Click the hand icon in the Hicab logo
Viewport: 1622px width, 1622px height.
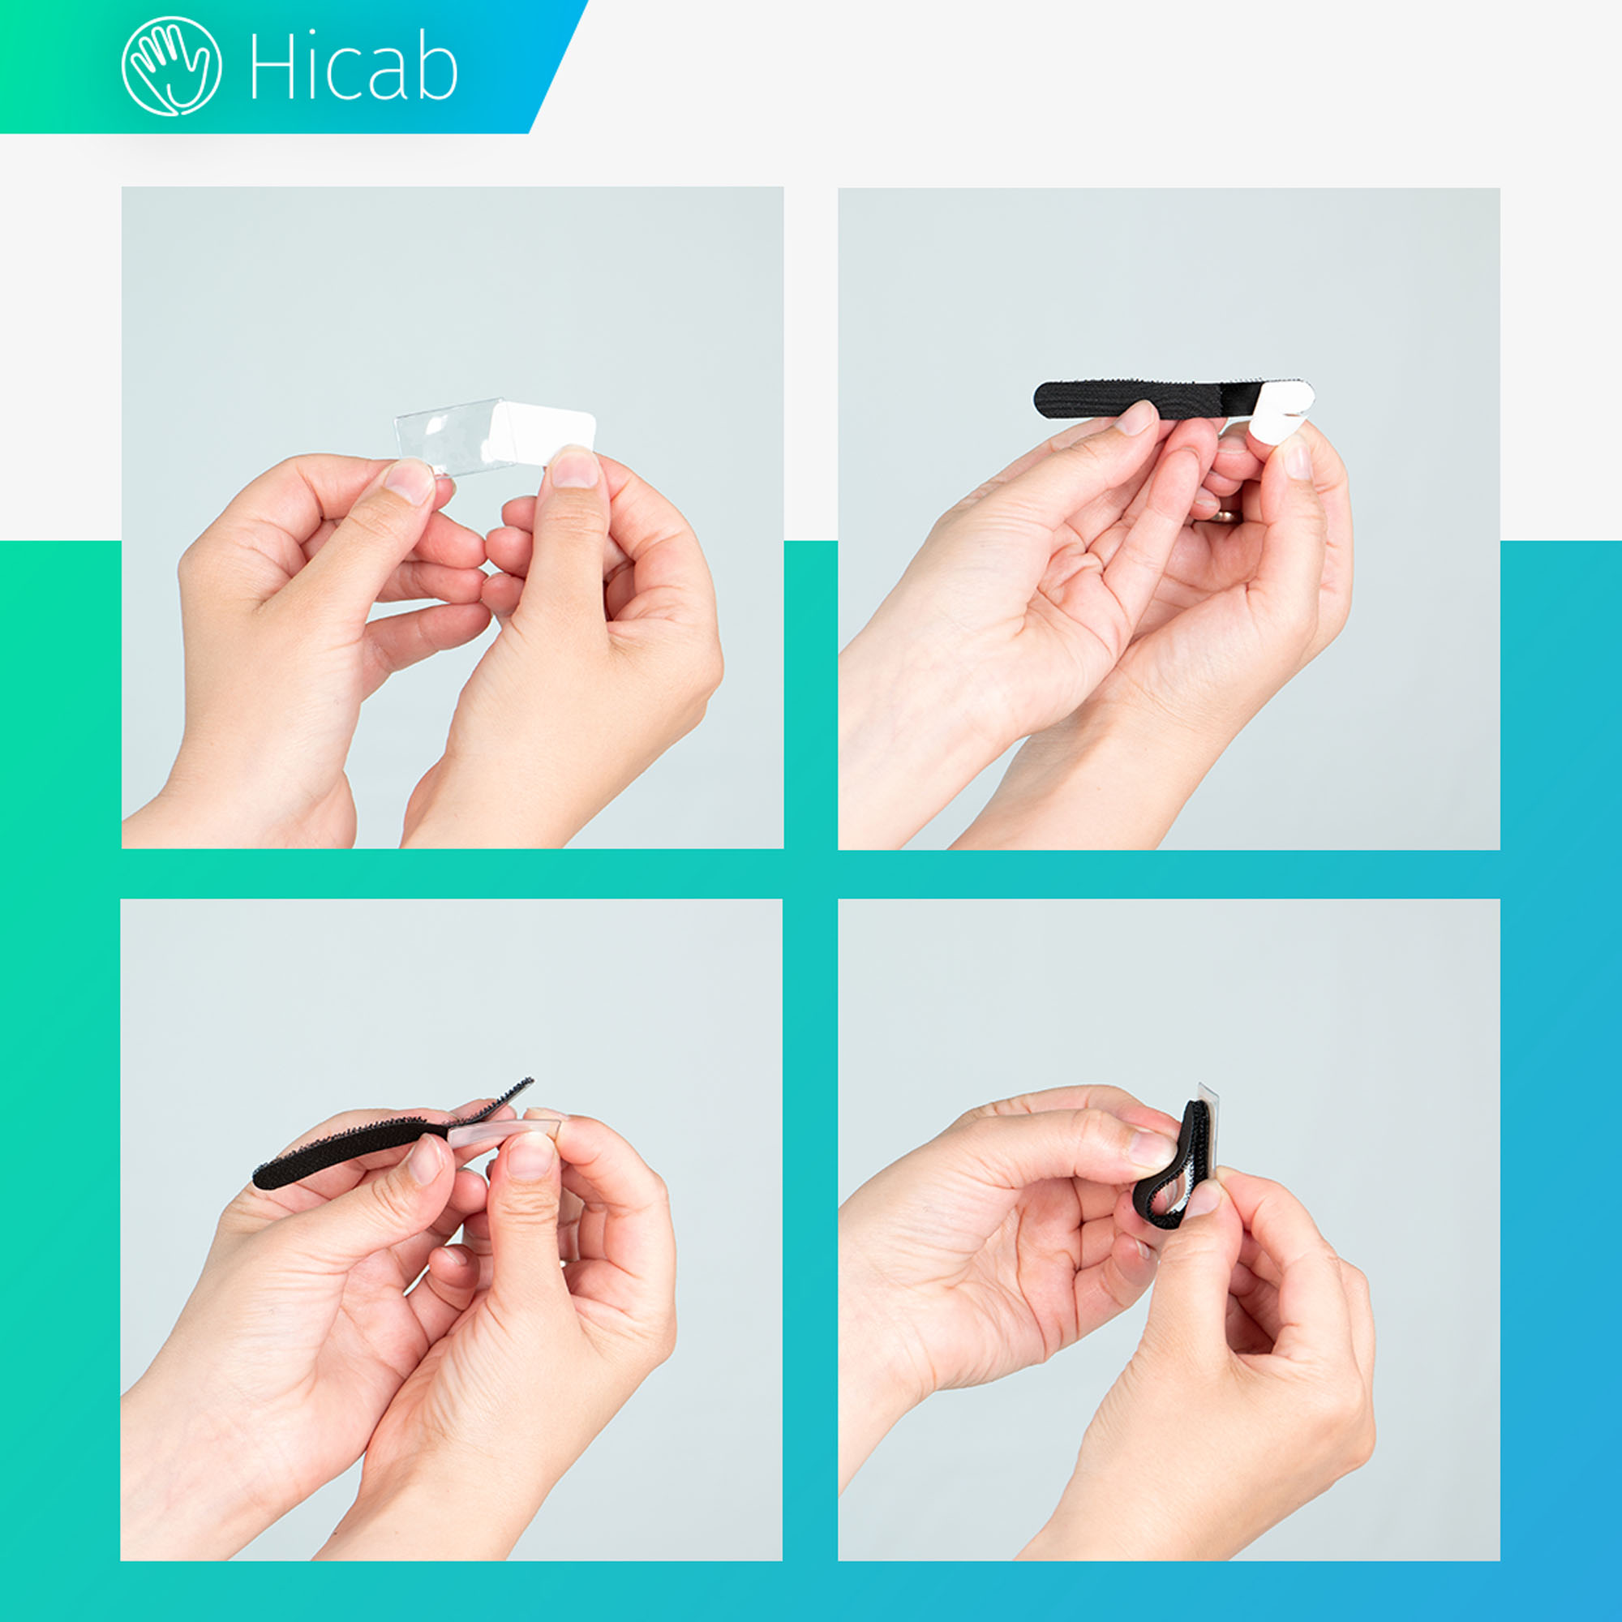[171, 67]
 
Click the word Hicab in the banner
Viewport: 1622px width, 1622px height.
[354, 68]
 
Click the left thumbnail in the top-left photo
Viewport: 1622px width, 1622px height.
[410, 481]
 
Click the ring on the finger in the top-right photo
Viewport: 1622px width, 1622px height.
[1224, 517]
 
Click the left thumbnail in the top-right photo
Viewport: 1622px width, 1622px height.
[1136, 418]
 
